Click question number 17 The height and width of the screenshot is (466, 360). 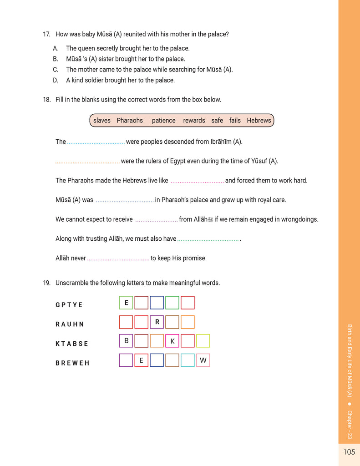tap(46, 34)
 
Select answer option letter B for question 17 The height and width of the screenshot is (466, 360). tap(56, 59)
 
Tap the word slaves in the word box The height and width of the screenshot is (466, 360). tap(102, 121)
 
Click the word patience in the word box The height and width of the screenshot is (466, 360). tap(163, 121)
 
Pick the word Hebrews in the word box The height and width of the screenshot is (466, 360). tap(259, 121)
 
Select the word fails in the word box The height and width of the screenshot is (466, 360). tap(235, 121)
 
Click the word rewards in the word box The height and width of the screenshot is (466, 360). tap(194, 121)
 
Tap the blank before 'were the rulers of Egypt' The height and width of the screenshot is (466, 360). tap(87, 162)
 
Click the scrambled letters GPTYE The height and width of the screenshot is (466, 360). tap(69, 305)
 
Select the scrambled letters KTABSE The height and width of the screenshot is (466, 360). tap(72, 344)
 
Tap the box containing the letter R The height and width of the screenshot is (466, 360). tap(157, 322)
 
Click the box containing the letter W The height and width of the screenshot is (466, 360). tap(203, 360)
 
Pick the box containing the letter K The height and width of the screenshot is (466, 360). tap(172, 341)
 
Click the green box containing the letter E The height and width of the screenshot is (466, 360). tap(126, 303)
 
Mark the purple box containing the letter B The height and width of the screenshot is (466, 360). tap(126, 341)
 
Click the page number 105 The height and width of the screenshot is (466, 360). tap(349, 452)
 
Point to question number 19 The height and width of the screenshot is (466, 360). tap(46, 283)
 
